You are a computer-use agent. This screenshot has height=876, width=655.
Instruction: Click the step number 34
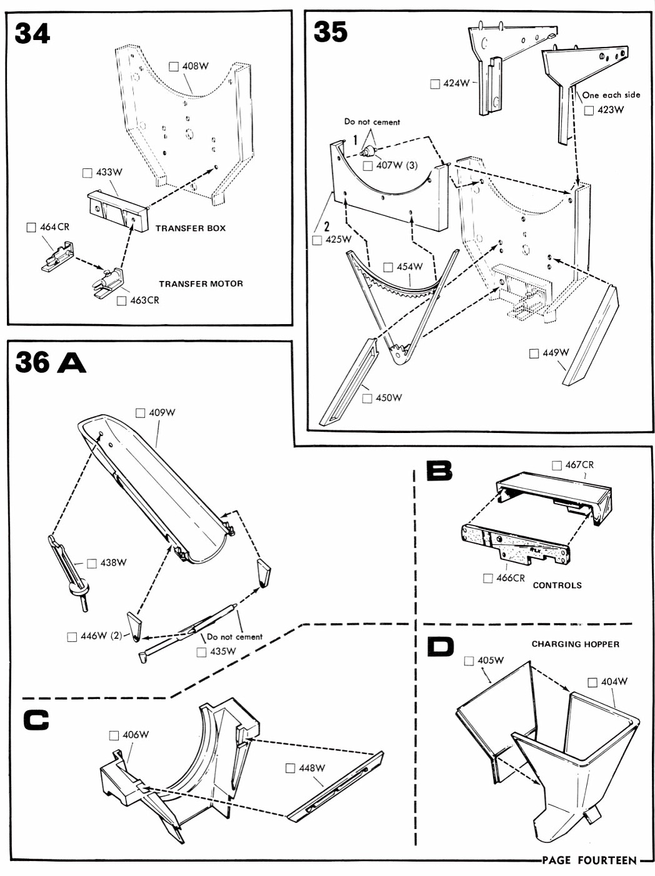32,33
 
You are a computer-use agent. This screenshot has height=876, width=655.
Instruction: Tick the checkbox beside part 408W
173,66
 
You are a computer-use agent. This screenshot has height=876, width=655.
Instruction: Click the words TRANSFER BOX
191,228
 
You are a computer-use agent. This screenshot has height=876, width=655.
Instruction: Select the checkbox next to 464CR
31,227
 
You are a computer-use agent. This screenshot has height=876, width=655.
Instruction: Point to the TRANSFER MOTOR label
201,283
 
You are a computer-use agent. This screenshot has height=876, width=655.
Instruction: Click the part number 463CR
144,300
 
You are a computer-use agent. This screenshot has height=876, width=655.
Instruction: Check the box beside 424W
435,84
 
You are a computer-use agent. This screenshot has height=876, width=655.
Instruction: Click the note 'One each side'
611,95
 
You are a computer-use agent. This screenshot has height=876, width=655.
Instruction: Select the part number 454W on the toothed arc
409,267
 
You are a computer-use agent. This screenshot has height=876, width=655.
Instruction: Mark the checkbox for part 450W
367,399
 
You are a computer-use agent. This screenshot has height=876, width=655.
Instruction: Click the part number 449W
556,353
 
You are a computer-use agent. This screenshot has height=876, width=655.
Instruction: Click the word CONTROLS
557,586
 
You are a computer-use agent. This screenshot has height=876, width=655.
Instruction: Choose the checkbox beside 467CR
556,466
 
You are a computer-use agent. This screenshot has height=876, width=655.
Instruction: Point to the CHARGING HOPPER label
575,644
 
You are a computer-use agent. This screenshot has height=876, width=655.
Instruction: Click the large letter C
36,720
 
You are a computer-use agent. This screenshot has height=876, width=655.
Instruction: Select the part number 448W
312,768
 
